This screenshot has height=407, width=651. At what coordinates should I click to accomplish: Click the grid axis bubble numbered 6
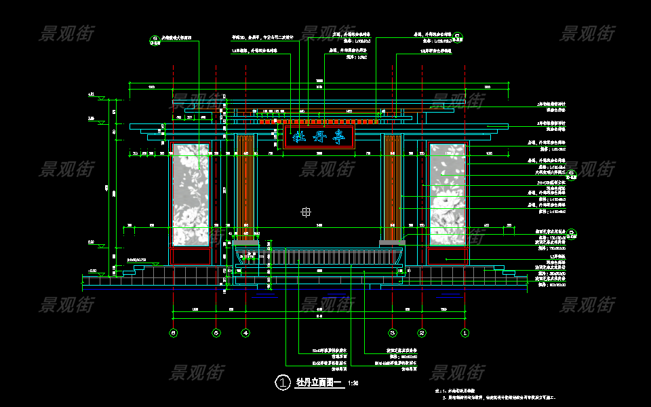(x=174, y=333)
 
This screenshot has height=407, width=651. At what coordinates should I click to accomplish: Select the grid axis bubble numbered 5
(x=216, y=333)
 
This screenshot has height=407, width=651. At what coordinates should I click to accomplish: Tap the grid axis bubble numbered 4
(x=245, y=333)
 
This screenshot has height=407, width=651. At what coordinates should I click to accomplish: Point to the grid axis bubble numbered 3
(x=392, y=333)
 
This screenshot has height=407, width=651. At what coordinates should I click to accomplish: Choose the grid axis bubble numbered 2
(x=422, y=333)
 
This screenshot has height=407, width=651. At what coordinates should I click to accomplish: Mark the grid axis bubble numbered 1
(x=465, y=333)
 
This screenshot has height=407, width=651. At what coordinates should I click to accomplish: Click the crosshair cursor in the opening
(x=306, y=212)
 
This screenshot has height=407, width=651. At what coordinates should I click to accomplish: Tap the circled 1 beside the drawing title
(x=282, y=383)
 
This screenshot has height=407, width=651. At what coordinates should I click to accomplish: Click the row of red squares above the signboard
(x=319, y=120)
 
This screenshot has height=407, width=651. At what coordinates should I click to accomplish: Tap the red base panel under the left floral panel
(x=191, y=256)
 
